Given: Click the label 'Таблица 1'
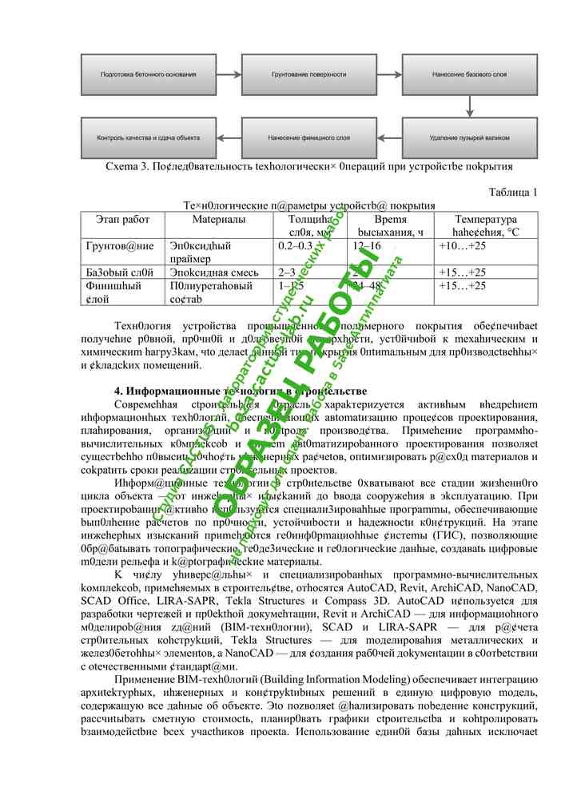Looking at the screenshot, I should point(512,192).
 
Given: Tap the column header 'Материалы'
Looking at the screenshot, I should point(218,219).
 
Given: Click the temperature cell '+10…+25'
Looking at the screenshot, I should point(462,246).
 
